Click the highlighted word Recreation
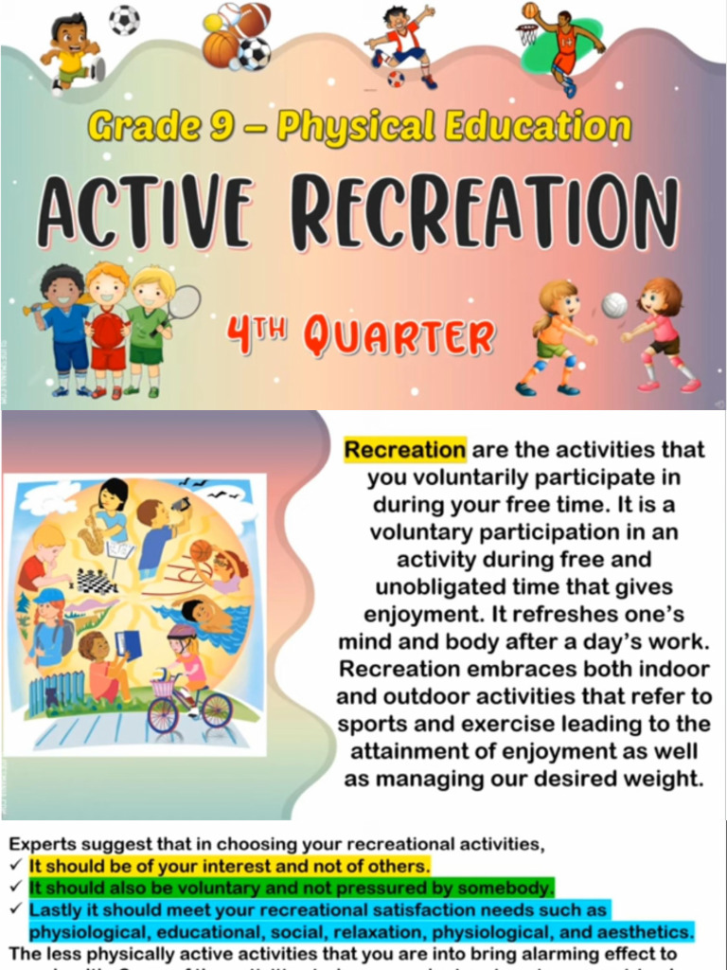[x=405, y=449]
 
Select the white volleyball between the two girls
[x=614, y=305]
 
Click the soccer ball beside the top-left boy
[x=123, y=20]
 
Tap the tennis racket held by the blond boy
[x=186, y=302]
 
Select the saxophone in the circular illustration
[x=92, y=539]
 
